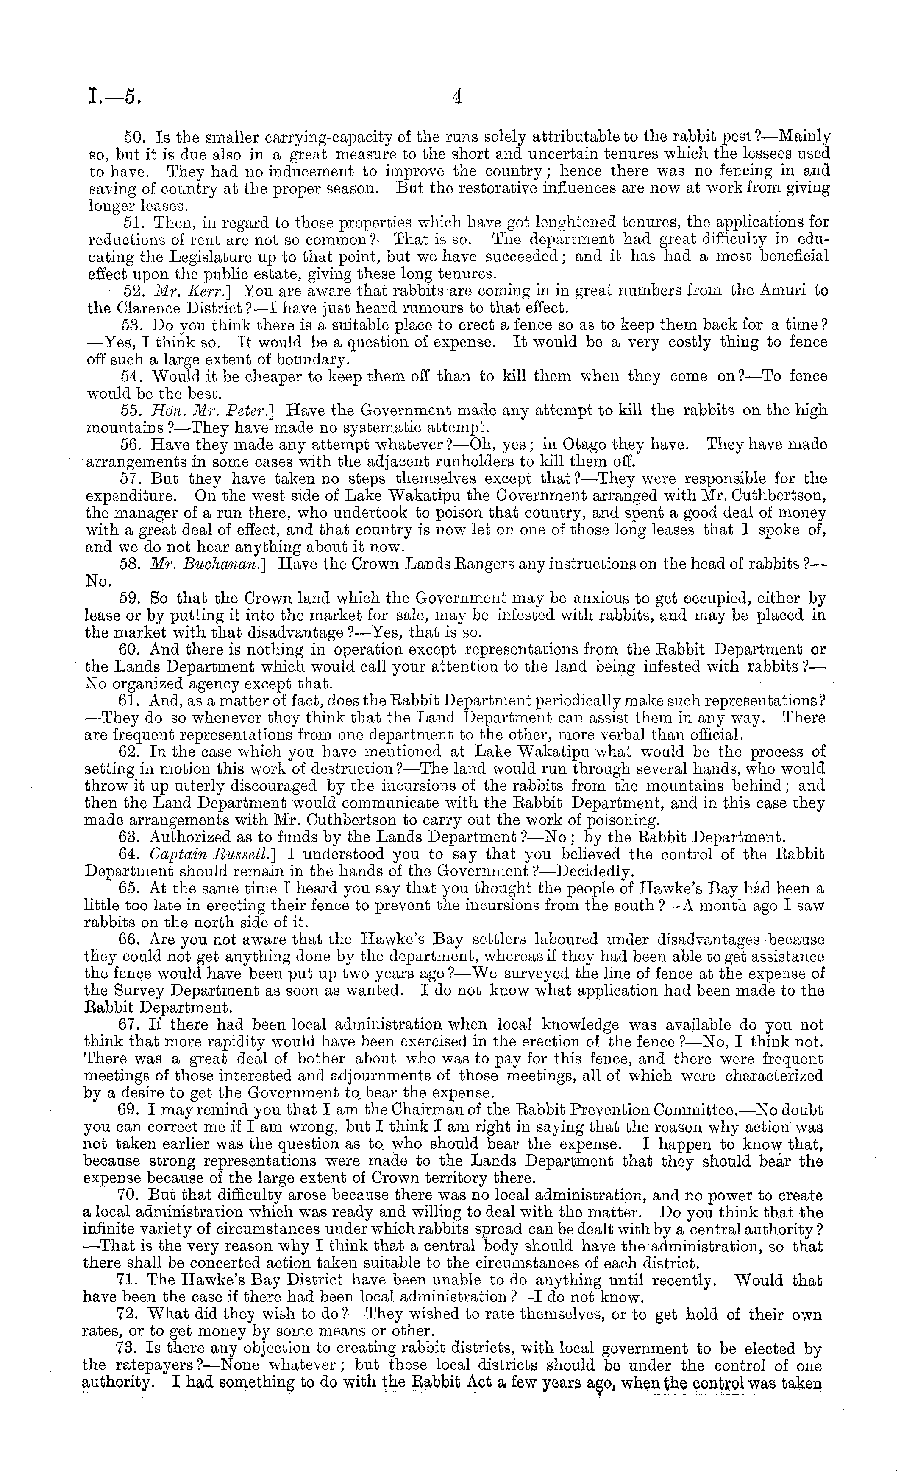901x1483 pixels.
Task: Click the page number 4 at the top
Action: coord(456,96)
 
